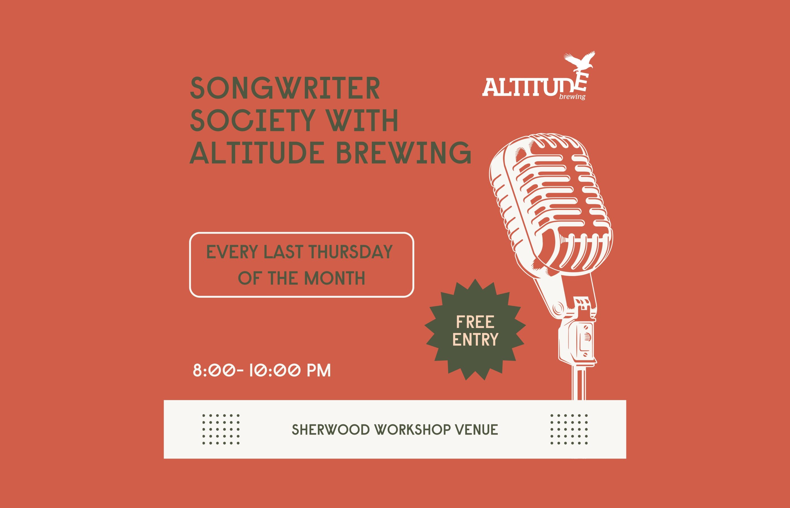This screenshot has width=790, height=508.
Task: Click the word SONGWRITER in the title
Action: [x=285, y=88]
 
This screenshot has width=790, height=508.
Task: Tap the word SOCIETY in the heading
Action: [x=253, y=121]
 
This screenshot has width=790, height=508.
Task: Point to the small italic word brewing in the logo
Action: [x=572, y=97]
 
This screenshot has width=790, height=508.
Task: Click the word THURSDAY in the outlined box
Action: [x=350, y=252]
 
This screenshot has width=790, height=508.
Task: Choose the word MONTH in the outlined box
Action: [x=334, y=278]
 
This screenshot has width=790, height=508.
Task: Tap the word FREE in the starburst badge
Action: [x=475, y=322]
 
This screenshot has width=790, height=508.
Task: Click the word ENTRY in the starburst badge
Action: [x=475, y=340]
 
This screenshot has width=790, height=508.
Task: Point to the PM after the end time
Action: [x=319, y=371]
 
